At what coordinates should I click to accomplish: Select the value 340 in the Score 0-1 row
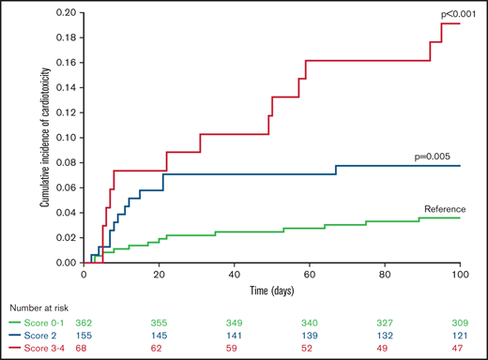point(309,322)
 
